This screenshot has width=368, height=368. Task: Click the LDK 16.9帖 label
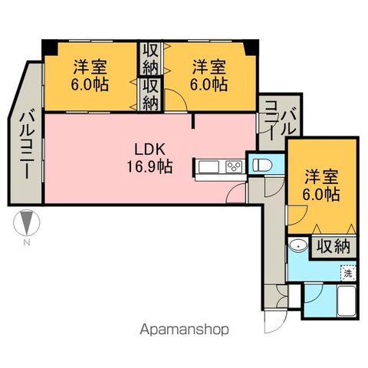pos(153,156)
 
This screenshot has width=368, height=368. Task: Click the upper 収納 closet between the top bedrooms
pos(149,57)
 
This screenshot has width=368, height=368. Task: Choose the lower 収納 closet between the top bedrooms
pos(149,92)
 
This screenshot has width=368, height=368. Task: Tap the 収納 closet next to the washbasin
pos(332,247)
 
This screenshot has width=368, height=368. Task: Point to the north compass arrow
pos(26,223)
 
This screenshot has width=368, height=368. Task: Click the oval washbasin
pos(299,246)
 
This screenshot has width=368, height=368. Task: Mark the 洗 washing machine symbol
pos(348,272)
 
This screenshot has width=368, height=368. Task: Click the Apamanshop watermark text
pos(183,330)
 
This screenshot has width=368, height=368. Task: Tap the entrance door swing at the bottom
pos(274,320)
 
